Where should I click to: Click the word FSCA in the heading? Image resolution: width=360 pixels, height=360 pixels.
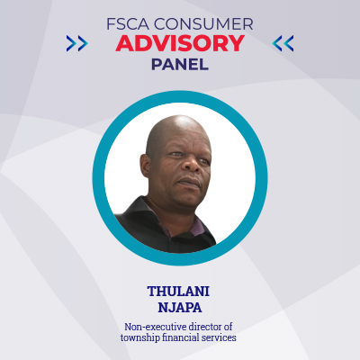click(130, 22)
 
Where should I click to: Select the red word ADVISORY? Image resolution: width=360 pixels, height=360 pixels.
click(179, 42)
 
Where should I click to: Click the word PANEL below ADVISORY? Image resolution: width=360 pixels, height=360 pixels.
click(179, 64)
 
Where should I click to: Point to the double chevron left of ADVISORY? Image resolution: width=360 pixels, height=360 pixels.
click(77, 42)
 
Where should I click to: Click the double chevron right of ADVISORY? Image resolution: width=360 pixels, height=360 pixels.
click(283, 42)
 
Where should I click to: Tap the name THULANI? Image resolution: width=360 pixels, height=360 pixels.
click(179, 292)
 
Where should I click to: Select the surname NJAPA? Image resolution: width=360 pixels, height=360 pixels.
click(179, 309)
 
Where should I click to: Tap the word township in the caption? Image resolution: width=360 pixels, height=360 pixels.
click(143, 337)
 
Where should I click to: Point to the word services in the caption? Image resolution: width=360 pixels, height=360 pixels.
click(222, 337)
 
